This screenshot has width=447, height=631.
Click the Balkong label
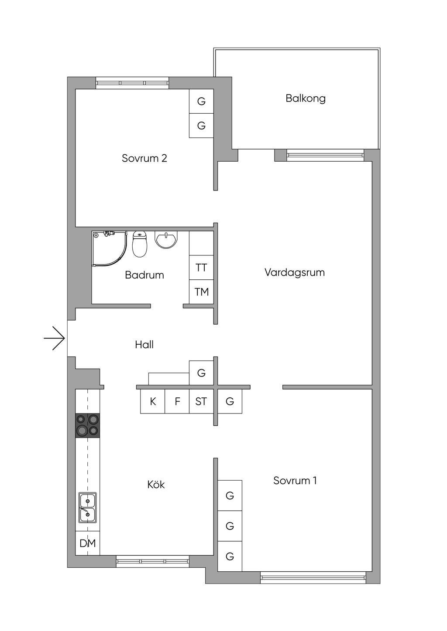pyautogui.click(x=305, y=98)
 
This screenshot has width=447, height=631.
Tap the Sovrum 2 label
pyautogui.click(x=144, y=158)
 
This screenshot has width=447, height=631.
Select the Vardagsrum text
pyautogui.click(x=295, y=272)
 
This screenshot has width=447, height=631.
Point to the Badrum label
pyautogui.click(x=144, y=275)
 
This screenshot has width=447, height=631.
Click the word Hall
pyautogui.click(x=144, y=345)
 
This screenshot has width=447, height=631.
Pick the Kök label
pyautogui.click(x=156, y=484)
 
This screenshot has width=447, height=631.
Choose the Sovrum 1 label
pyautogui.click(x=295, y=480)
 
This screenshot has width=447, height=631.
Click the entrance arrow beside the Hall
pyautogui.click(x=55, y=338)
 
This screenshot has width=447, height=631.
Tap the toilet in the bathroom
pyautogui.click(x=139, y=244)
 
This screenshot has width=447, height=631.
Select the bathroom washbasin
pyautogui.click(x=166, y=240)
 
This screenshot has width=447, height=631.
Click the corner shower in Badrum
pyautogui.click(x=109, y=248)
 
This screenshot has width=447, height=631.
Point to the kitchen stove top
pyautogui.click(x=87, y=425)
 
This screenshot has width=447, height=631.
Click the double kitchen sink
pyautogui.click(x=87, y=508)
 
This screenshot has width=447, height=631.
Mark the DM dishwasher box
pyautogui.click(x=87, y=543)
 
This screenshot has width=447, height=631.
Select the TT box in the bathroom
pyautogui.click(x=201, y=268)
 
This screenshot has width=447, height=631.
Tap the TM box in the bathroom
pyautogui.click(x=201, y=292)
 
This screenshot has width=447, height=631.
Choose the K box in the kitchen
pyautogui.click(x=153, y=401)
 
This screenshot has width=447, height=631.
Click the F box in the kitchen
pyautogui.click(x=177, y=401)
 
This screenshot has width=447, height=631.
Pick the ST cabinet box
pyautogui.click(x=201, y=401)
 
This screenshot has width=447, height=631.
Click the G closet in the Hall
pyautogui.click(x=201, y=373)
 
